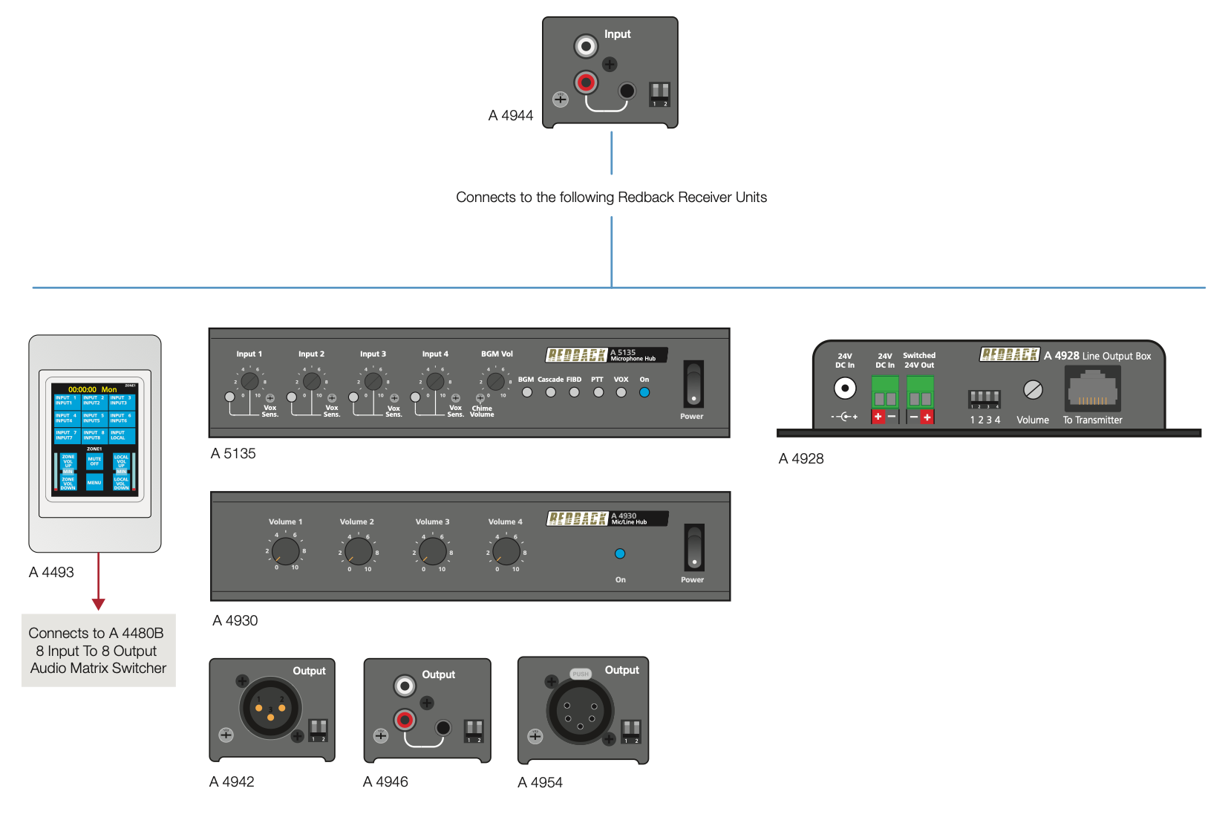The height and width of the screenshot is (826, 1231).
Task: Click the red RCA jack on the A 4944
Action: [x=586, y=82]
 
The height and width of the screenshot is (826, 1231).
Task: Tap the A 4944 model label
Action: [x=511, y=115]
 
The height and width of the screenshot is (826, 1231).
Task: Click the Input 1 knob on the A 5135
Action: [x=250, y=381]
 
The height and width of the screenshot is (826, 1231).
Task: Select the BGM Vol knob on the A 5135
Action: [x=496, y=381]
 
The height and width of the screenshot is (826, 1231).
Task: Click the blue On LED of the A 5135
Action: [x=644, y=392]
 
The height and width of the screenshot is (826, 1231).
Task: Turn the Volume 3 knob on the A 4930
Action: [x=433, y=551]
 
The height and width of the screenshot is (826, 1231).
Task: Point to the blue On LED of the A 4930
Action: [x=620, y=553]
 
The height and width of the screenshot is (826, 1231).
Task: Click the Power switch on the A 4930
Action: [x=693, y=547]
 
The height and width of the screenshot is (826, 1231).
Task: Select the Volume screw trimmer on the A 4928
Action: [x=1033, y=389]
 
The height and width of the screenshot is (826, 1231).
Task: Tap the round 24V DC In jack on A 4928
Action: [x=845, y=388]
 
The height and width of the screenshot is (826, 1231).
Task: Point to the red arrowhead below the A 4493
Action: [x=99, y=604]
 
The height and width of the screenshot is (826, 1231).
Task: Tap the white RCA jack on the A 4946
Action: [x=405, y=686]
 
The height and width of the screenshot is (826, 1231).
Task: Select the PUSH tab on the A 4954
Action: [x=580, y=674]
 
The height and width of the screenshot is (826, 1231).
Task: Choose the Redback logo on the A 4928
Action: [x=1009, y=355]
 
